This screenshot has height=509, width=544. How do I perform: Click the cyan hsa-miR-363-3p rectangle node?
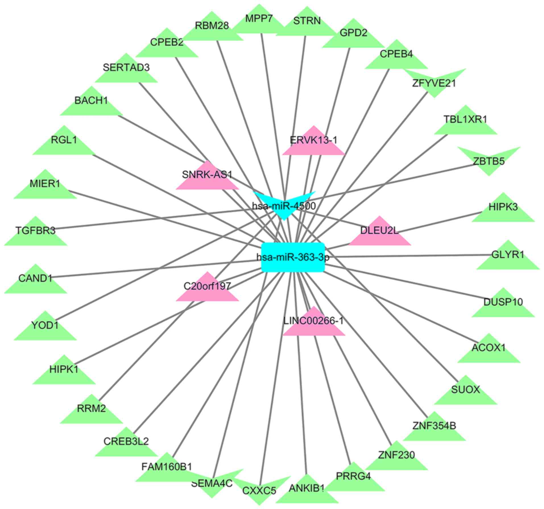293,257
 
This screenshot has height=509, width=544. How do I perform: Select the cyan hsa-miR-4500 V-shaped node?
284,206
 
